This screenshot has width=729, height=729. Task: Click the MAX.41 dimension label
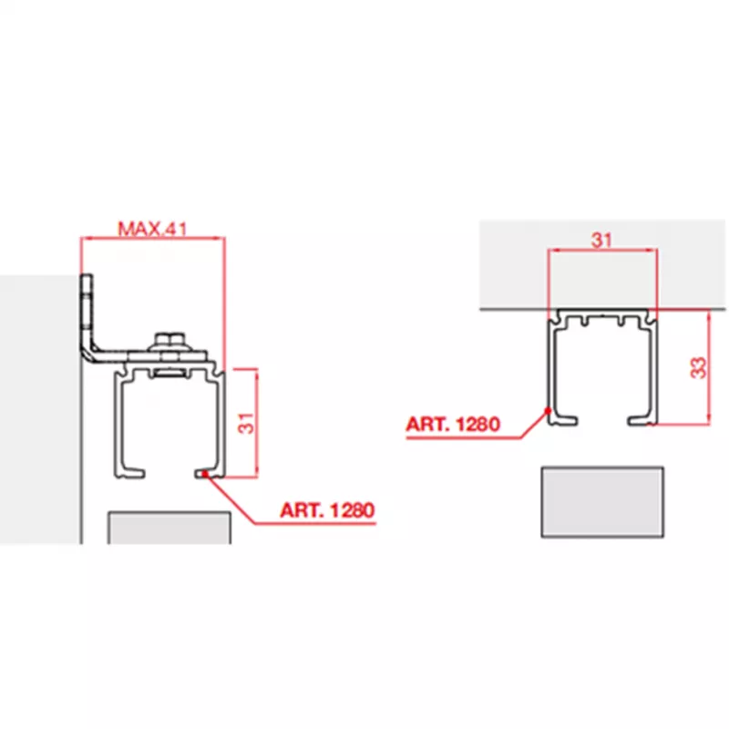152,229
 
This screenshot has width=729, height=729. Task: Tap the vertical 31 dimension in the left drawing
246,423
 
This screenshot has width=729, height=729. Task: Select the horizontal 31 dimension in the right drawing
601,241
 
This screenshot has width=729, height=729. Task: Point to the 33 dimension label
698,368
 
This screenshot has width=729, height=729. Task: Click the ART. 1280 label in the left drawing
327,510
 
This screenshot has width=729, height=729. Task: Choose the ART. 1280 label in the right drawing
453,424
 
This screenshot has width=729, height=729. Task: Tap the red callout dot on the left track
205,474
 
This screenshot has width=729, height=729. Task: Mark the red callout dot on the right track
549,411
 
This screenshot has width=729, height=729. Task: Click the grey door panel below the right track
602,502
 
